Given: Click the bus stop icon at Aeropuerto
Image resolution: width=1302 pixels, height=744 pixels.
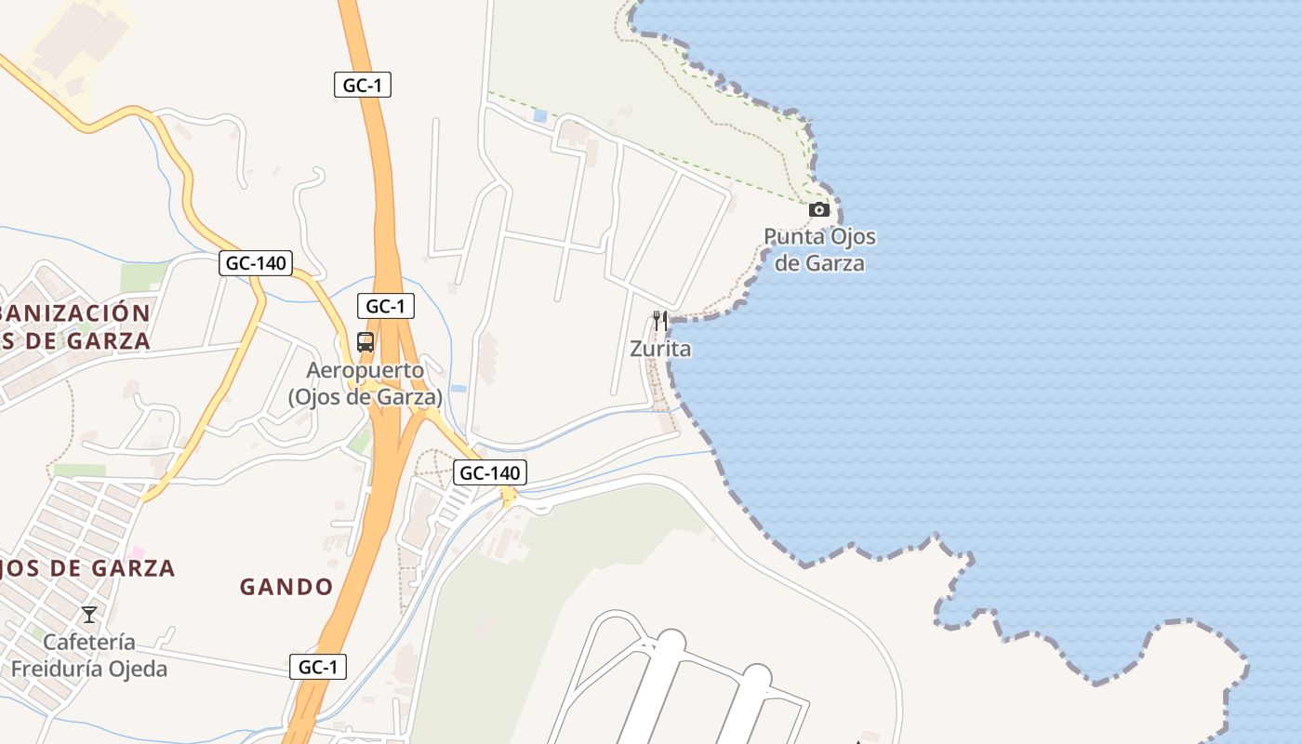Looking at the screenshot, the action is pyautogui.click(x=365, y=342).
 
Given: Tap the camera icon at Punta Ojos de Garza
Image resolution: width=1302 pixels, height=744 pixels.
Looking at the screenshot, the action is pyautogui.click(x=819, y=210).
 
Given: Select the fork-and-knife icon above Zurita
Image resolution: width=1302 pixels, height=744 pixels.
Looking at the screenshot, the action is pyautogui.click(x=660, y=321).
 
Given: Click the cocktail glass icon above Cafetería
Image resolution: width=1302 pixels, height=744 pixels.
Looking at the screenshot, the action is pyautogui.click(x=89, y=614).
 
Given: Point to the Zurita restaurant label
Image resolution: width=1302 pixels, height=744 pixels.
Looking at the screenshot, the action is pyautogui.click(x=660, y=350).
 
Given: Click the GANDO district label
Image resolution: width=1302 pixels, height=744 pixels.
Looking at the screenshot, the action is pyautogui.click(x=286, y=587).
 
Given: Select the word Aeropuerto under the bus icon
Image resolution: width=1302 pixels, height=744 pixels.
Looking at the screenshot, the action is pyautogui.click(x=365, y=370).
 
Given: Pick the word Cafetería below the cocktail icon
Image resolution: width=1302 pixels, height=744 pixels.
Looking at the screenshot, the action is pyautogui.click(x=89, y=643).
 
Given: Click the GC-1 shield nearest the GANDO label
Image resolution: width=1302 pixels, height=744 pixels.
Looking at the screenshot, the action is pyautogui.click(x=318, y=667).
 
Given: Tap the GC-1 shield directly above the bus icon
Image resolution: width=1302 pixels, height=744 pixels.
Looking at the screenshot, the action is pyautogui.click(x=386, y=306).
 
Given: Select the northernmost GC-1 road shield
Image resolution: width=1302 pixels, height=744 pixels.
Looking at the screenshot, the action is pyautogui.click(x=363, y=86).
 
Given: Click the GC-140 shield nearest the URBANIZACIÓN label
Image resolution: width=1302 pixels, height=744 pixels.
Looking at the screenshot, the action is pyautogui.click(x=256, y=263).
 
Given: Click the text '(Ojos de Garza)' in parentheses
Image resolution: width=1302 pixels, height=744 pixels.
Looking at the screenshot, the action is pyautogui.click(x=365, y=397).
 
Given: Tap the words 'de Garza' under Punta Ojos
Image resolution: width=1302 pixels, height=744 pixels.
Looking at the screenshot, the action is pyautogui.click(x=819, y=263).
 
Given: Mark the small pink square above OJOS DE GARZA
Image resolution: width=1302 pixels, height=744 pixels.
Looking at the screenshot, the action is pyautogui.click(x=137, y=553).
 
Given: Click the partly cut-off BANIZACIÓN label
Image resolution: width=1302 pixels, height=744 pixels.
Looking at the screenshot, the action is pyautogui.click(x=74, y=312).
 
